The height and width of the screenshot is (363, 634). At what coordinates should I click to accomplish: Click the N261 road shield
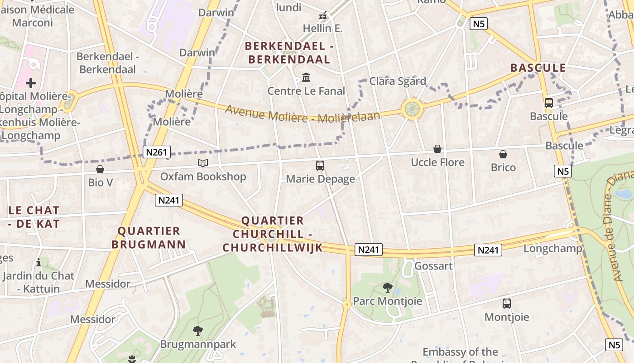point(157,152)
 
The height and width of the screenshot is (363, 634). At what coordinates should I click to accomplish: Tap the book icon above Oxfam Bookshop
point(203,163)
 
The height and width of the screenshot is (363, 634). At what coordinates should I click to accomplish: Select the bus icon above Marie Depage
point(320,166)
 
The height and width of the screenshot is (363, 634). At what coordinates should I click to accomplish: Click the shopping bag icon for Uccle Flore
point(437,149)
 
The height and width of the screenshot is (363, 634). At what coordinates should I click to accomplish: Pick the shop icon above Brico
point(503,154)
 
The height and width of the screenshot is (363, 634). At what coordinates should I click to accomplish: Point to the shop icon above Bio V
point(100,169)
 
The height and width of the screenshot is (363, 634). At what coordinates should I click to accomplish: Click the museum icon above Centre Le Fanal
point(306,78)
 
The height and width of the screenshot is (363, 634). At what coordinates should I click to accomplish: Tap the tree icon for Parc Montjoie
point(387,287)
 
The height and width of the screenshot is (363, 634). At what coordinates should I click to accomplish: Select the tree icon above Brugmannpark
point(198,331)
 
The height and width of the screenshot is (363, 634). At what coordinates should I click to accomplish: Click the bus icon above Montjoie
point(507,303)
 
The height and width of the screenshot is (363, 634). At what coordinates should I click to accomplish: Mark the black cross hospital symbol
point(31,83)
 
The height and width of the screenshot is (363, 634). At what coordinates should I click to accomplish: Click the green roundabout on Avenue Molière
point(412,109)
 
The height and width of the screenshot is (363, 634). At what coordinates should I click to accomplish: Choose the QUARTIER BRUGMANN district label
point(149,238)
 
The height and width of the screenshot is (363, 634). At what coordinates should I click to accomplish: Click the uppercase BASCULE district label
point(538,68)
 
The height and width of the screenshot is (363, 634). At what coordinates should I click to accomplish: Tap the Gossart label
point(433,266)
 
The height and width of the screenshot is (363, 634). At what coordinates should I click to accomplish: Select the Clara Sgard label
point(398,81)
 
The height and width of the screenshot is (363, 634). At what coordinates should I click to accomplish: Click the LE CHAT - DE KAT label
point(34,217)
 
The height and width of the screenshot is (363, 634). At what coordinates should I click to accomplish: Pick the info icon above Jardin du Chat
point(38,262)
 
